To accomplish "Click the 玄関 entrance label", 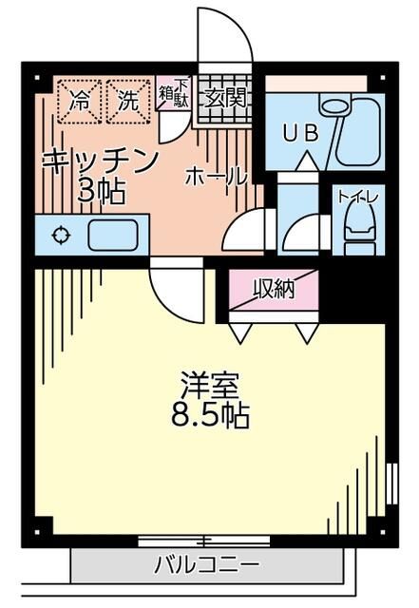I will (224, 96).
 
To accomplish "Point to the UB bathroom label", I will (298, 133).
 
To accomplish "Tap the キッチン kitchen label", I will (99, 160).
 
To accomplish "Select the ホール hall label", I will (216, 176).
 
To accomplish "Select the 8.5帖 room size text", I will (211, 416).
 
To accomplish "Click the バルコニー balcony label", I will (206, 565).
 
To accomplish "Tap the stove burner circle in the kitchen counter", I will (61, 234).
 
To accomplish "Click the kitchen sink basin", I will (112, 234).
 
